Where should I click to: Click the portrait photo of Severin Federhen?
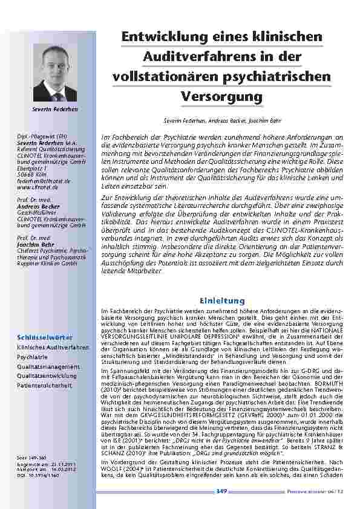(59, 73)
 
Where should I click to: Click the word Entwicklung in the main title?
(157, 37)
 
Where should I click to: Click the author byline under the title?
(221, 122)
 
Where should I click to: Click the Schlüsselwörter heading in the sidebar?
(45, 336)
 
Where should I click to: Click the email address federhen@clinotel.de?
(44, 181)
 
